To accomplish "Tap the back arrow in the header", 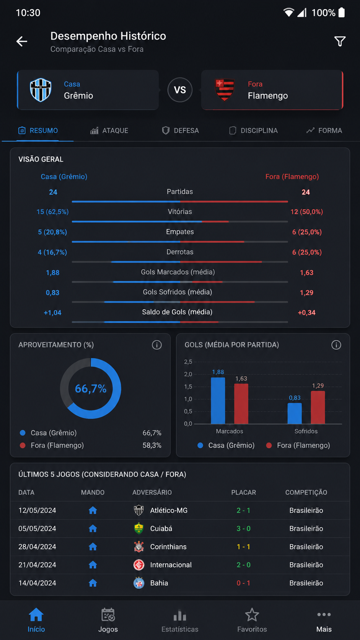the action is (22, 41).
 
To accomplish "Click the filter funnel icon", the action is (340, 41).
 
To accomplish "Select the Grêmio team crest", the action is (41, 90).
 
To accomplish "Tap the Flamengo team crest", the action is (225, 90).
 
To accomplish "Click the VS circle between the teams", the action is (180, 90).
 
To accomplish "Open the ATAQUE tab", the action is (109, 131).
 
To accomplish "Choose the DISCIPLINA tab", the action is (254, 131).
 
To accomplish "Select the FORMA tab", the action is (324, 131).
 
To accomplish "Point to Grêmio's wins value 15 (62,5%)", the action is (52, 212).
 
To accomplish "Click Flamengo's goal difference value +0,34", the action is (306, 313).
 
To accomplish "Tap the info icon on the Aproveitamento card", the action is (157, 345).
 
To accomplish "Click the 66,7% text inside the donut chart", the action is (91, 389).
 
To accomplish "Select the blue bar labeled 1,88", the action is (218, 400).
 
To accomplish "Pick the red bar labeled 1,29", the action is (318, 407).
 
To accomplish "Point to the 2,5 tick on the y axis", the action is (188, 362).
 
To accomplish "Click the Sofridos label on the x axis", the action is (306, 431).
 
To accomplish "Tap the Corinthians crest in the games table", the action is (139, 547).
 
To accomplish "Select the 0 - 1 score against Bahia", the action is (244, 583).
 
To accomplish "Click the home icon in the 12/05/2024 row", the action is (93, 510).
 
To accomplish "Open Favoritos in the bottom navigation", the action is (252, 620).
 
